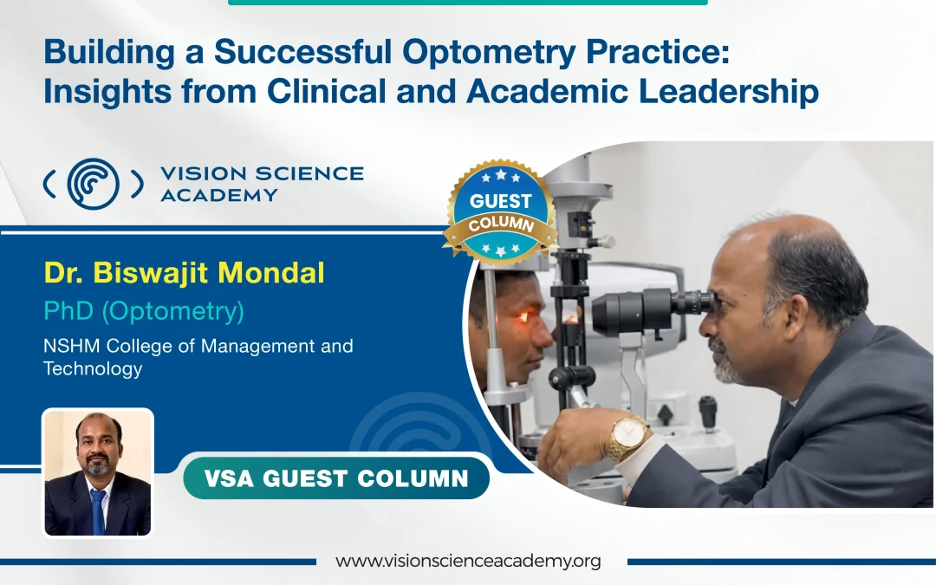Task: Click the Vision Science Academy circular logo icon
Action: click(x=94, y=183)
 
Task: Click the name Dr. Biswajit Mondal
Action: click(x=184, y=273)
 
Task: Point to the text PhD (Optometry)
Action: click(x=143, y=310)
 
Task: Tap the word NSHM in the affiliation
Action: click(x=72, y=346)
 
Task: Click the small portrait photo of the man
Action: click(x=98, y=472)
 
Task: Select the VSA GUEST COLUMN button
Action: click(x=336, y=478)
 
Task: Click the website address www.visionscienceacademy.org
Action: click(x=468, y=561)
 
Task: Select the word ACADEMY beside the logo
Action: click(x=218, y=194)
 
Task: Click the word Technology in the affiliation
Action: click(x=93, y=368)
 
